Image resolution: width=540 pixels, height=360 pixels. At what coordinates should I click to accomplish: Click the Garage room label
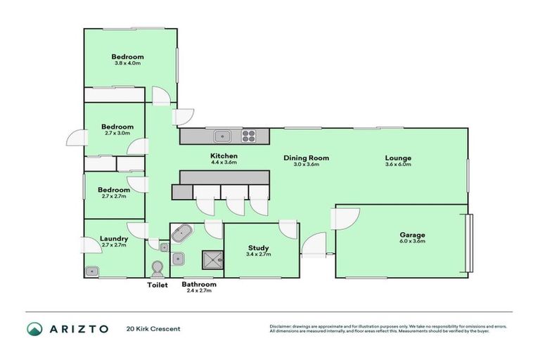click(413, 235)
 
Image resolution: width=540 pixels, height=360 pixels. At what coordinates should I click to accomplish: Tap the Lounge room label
click(398, 157)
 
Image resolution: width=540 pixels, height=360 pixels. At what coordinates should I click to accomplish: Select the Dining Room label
click(306, 157)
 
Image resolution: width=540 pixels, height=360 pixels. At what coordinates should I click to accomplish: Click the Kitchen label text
click(224, 155)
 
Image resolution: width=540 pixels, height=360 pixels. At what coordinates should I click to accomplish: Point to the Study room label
click(259, 247)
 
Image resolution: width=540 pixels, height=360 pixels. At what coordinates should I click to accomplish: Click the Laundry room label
click(113, 238)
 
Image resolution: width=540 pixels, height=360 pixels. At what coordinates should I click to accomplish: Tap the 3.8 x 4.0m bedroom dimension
click(128, 63)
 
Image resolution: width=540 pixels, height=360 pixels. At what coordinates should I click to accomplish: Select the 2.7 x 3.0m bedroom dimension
click(117, 134)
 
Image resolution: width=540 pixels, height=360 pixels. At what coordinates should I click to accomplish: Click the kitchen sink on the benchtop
click(224, 136)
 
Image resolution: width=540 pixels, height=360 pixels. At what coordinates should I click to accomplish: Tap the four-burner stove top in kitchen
click(250, 136)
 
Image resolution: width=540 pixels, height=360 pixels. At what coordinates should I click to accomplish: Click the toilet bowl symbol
click(157, 269)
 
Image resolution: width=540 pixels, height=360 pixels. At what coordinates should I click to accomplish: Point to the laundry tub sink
click(92, 270)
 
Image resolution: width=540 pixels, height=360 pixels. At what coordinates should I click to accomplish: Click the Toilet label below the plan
click(157, 285)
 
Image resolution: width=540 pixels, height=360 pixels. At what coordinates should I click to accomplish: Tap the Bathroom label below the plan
click(198, 285)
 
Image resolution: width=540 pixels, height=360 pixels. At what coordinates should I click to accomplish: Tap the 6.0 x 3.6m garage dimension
click(413, 241)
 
